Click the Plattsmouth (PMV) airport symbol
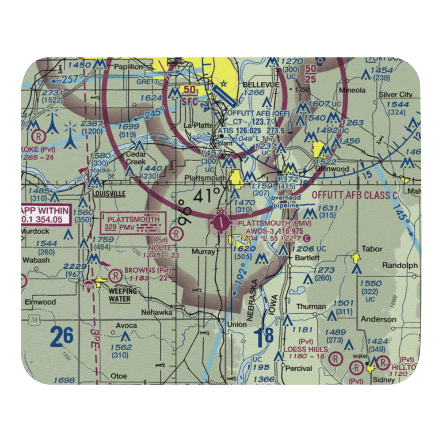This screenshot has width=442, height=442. click(220, 222)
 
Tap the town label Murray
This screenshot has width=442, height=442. click(203, 251)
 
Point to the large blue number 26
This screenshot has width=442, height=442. click(61, 337)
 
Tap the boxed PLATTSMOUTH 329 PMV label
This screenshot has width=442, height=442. click(133, 223)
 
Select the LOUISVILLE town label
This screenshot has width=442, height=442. click(109, 194)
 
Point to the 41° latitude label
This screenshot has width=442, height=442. click(206, 194)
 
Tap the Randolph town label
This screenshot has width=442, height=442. click(400, 265)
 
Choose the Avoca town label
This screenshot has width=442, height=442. click(126, 325)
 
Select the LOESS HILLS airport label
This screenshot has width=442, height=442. click(306, 349)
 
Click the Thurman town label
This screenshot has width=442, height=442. click(311, 306)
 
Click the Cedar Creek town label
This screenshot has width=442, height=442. click(136, 158)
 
